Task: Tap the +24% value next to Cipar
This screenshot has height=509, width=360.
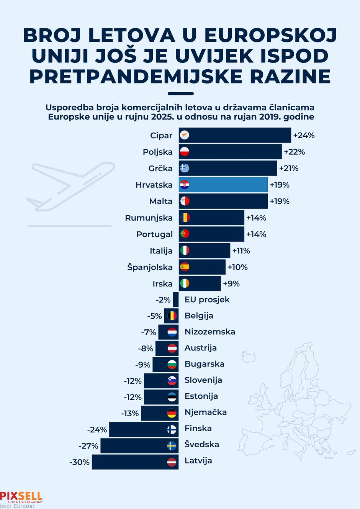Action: (304, 136)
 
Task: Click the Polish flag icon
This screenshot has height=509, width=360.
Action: (185, 152)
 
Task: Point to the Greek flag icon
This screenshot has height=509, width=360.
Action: (185, 169)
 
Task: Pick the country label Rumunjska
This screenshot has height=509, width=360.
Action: (149, 218)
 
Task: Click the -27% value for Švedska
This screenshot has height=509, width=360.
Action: (89, 446)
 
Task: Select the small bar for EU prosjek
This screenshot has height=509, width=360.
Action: (175, 300)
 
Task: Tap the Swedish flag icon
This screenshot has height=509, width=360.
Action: (172, 446)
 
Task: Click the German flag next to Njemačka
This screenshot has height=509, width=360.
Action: (172, 414)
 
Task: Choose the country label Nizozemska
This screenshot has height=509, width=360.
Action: (209, 332)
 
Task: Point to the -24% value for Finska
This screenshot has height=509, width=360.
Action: (97, 430)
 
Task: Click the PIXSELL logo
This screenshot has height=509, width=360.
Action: (21, 497)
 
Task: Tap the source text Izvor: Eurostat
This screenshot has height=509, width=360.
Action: (17, 506)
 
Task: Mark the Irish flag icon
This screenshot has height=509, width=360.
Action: (185, 284)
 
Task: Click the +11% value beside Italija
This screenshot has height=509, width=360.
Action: (241, 251)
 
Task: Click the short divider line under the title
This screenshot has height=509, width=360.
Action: (180, 93)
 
